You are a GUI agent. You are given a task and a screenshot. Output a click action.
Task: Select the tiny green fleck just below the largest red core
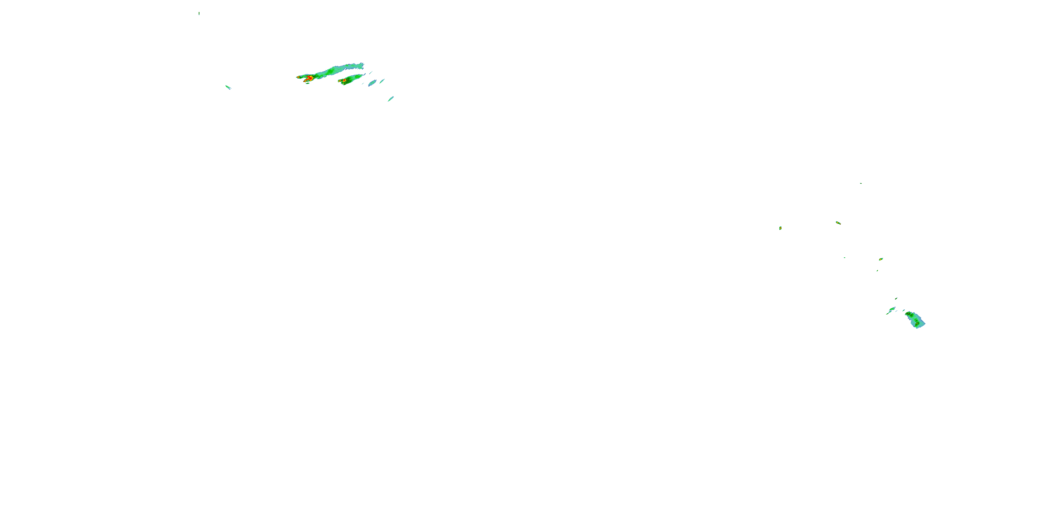tap(307, 83)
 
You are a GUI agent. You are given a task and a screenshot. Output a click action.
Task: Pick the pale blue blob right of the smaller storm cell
tap(372, 83)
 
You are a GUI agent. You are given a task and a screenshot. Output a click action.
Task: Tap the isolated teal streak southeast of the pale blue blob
tap(391, 99)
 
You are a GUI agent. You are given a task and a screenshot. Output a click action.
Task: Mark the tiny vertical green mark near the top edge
tap(199, 13)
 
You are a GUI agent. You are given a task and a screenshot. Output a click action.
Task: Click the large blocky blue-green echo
tap(915, 320)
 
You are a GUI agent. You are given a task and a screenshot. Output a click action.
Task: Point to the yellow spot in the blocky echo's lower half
tap(917, 323)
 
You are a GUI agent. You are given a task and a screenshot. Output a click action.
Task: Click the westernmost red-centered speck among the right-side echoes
tap(780, 228)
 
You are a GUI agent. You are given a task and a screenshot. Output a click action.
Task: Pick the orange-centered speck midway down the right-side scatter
tap(880, 259)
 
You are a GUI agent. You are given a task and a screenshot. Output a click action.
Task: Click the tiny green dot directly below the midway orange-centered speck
tap(877, 271)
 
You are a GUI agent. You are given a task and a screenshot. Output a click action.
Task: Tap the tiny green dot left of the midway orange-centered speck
tap(845, 257)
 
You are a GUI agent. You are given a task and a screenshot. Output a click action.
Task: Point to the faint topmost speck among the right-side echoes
tap(860, 183)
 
